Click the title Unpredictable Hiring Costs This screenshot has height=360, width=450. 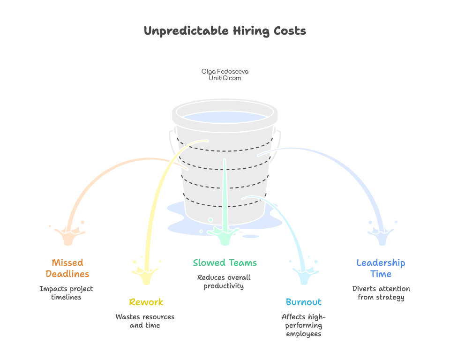pos(225,31)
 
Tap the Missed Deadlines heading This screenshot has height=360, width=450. pos(67,268)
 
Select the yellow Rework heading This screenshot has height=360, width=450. pos(146,302)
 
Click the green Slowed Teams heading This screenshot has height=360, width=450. pos(225,262)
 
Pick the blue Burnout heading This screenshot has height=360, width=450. pos(303,302)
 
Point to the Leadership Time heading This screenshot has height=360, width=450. pos(381,268)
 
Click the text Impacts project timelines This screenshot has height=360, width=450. pos(66,293)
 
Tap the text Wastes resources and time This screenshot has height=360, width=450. pos(145,321)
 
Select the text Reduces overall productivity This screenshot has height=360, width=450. pos(224,282)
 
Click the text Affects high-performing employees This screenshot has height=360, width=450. pos(303,325)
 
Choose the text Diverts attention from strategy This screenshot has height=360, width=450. pos(381,293)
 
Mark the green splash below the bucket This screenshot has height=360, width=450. pos(225,234)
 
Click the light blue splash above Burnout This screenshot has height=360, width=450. pos(304,274)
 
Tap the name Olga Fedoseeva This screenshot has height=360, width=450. pos(225,71)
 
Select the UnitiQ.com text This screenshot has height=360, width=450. pos(225,78)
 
